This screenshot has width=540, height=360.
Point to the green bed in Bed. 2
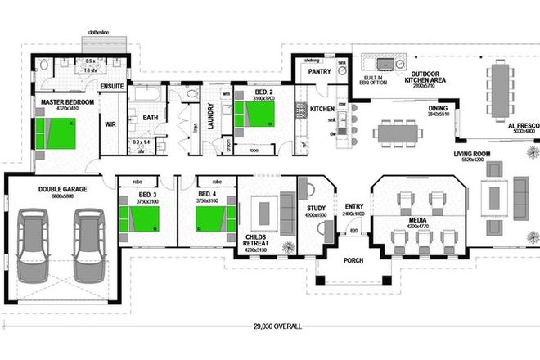256,113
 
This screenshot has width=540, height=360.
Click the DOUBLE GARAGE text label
62,189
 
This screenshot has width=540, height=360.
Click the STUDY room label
316,209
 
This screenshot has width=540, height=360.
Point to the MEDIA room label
418,220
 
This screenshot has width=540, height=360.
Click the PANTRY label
318,71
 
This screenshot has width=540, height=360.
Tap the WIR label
110,124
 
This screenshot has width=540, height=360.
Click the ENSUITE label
111,84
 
